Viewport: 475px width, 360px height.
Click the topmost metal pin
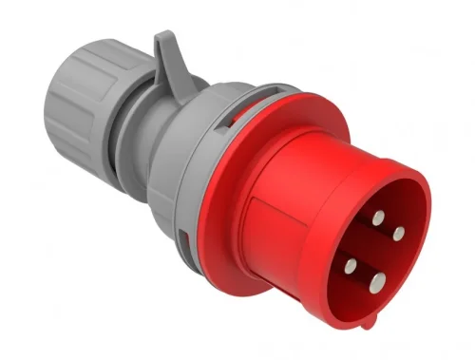(378, 218)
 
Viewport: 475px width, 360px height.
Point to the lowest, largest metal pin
(379, 280)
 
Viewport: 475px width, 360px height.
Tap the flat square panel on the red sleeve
(285, 228)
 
